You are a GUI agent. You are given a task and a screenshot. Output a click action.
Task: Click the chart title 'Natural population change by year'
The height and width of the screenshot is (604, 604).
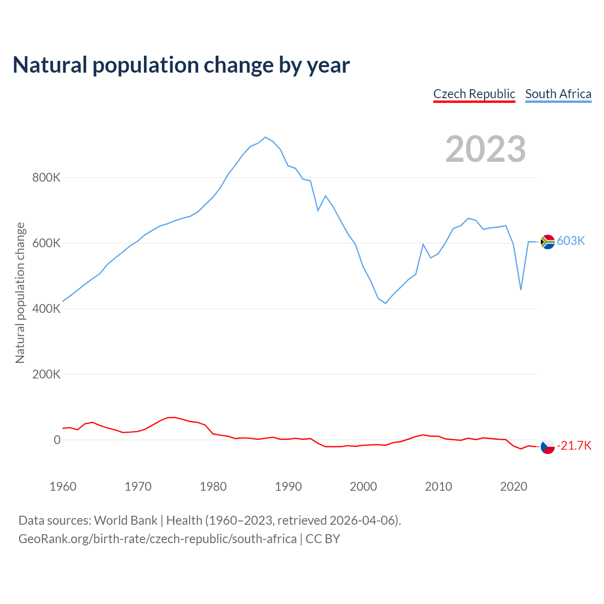pyautogui.click(x=181, y=65)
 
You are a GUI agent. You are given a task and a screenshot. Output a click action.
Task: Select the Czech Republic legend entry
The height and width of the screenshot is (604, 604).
pyautogui.click(x=474, y=94)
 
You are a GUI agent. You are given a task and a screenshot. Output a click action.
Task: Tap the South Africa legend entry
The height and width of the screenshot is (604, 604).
pyautogui.click(x=558, y=94)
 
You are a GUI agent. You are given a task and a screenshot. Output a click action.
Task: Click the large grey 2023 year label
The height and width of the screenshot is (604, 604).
pyautogui.click(x=486, y=149)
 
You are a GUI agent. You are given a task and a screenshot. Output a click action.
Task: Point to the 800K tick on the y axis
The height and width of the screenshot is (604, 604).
pyautogui.click(x=46, y=178)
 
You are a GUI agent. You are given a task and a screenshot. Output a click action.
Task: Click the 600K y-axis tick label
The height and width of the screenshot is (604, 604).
pyautogui.click(x=46, y=243)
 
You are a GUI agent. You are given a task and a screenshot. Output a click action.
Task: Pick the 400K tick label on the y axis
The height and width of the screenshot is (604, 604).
pyautogui.click(x=46, y=309)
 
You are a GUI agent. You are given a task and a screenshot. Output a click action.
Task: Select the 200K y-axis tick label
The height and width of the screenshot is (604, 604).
pyautogui.click(x=46, y=375)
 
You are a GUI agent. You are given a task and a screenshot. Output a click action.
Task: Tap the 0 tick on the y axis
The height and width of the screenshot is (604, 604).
pyautogui.click(x=57, y=440)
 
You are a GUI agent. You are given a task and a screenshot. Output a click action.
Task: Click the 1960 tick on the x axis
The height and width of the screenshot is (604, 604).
pyautogui.click(x=63, y=487)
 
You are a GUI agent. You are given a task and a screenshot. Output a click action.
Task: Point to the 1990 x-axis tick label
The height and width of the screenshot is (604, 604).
pyautogui.click(x=288, y=487)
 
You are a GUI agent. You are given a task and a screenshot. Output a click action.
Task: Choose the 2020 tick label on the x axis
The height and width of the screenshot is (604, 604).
pyautogui.click(x=513, y=487)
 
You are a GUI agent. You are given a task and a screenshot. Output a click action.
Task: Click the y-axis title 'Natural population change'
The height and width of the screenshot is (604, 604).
pyautogui.click(x=20, y=293)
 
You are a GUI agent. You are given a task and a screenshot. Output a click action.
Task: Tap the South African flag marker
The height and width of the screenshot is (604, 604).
pyautogui.click(x=547, y=242)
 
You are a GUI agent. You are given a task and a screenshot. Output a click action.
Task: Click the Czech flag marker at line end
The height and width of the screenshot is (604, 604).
pyautogui.click(x=547, y=446)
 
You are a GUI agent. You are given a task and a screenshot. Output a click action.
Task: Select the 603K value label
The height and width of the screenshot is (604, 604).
pyautogui.click(x=571, y=241)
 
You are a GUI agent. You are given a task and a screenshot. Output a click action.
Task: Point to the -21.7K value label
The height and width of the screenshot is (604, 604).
pyautogui.click(x=574, y=446)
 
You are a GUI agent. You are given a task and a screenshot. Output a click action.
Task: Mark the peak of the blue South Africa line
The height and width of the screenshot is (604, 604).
pyautogui.click(x=265, y=137)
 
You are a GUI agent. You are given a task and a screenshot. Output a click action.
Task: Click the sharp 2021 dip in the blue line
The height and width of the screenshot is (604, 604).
pyautogui.click(x=520, y=289)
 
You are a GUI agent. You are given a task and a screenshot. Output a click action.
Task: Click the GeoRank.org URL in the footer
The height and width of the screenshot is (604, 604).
pyautogui.click(x=158, y=539)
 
